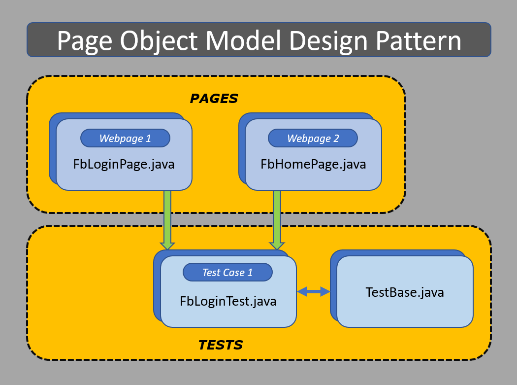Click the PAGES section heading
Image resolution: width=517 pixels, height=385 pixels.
[x=214, y=99]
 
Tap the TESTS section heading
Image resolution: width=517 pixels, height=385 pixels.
[x=221, y=345]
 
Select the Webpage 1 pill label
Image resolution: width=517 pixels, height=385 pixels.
[x=125, y=138]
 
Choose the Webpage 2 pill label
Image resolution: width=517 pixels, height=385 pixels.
[x=313, y=138]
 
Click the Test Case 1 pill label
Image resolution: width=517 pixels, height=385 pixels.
[x=227, y=272]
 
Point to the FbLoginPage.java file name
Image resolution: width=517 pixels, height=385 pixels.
[x=124, y=164]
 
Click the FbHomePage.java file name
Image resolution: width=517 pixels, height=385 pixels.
[x=313, y=164]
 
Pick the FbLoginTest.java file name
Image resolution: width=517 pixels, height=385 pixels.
[x=228, y=301]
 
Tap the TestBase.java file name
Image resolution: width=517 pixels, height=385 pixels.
[x=405, y=292]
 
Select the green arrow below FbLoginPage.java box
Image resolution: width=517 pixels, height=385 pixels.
[x=167, y=217]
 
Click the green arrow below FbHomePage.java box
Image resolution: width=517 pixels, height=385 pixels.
[x=277, y=217]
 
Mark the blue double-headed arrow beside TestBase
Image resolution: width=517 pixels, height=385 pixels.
[x=313, y=292]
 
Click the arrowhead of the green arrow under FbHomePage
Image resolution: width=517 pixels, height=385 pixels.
[x=277, y=245]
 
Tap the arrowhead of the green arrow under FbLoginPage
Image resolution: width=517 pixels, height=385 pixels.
[x=167, y=245]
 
